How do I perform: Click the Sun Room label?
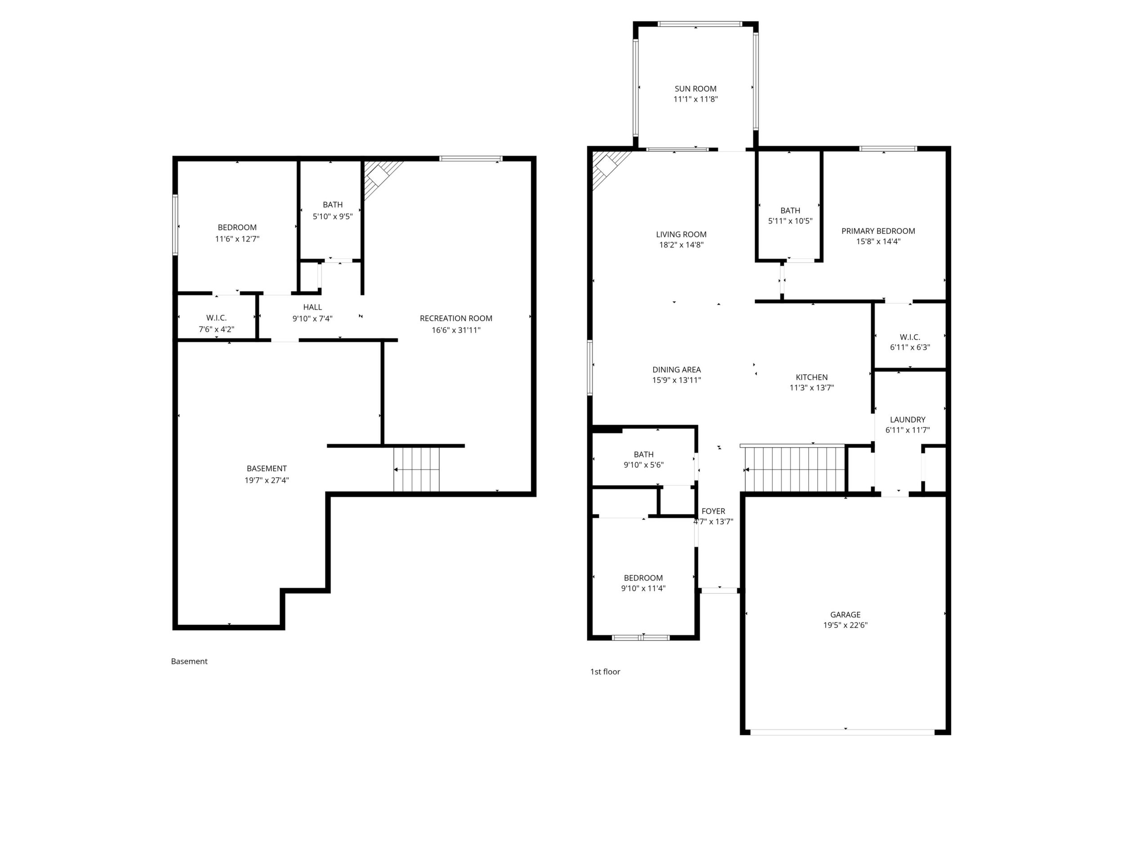695,89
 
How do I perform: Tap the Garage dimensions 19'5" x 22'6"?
846,625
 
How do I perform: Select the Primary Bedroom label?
878,231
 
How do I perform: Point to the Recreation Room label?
456,318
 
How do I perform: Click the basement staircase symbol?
416,470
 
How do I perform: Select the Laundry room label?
908,420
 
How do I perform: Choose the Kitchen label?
811,377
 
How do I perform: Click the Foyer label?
713,511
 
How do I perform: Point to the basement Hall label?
312,307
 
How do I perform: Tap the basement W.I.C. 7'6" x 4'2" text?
217,324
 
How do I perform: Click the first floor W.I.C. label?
910,337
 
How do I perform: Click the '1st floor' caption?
605,672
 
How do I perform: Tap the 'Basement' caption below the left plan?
189,661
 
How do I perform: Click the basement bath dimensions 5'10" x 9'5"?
333,216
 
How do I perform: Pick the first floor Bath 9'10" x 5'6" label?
644,460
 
